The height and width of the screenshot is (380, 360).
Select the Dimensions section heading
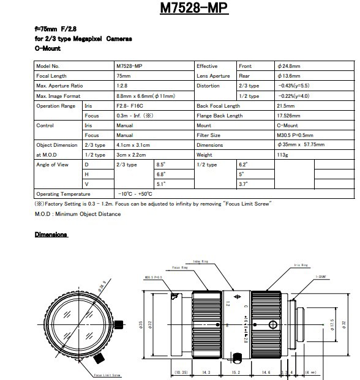coord(51,234)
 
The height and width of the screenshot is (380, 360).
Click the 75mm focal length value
coord(123,76)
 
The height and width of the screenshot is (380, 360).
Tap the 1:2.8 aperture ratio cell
coord(122,86)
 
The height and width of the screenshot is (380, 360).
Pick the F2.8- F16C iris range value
coord(130,106)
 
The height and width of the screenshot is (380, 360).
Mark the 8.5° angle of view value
coord(162,165)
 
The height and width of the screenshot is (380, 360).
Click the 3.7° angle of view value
coord(243,184)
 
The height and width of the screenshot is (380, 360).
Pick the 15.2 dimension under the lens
coord(236,371)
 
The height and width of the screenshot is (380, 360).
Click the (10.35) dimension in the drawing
coord(181,371)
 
